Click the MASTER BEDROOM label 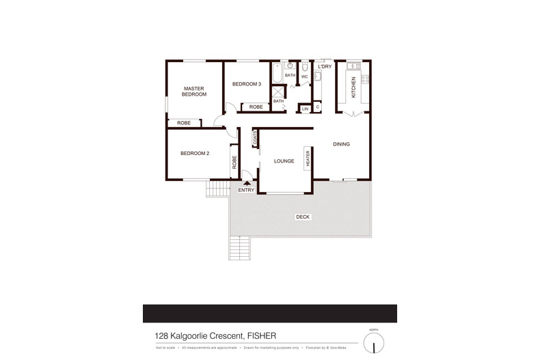coord(193,91)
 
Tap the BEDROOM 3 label coord(247,84)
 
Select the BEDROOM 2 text coord(195,154)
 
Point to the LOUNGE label coord(284,161)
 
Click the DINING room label coord(341,144)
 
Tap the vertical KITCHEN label coord(353,87)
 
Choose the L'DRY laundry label coord(325,67)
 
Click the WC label coord(305,77)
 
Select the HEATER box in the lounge coord(308,158)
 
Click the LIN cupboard coord(306,109)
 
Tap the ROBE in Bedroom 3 coord(256,107)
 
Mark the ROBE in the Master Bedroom coord(184,123)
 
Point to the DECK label coord(302,217)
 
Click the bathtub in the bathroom coord(276,72)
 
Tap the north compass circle coord(374,342)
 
